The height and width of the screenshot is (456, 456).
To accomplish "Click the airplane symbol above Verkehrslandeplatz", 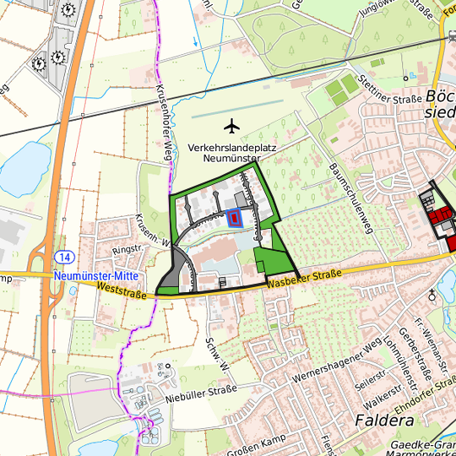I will pyautogui.click(x=233, y=127).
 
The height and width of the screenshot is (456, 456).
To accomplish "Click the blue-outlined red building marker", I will pyautogui.click(x=232, y=218).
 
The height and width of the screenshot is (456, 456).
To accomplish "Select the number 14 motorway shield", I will pyautogui.click(x=67, y=256).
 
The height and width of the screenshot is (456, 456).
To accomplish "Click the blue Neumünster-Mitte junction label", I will pyautogui.click(x=95, y=276).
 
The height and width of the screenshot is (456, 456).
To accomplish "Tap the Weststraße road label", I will pyautogui.click(x=122, y=291).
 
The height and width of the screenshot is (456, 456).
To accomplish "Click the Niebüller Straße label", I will pyautogui.click(x=200, y=392).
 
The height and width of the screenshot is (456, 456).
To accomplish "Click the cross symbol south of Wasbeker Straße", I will pyautogui.click(x=433, y=294).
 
